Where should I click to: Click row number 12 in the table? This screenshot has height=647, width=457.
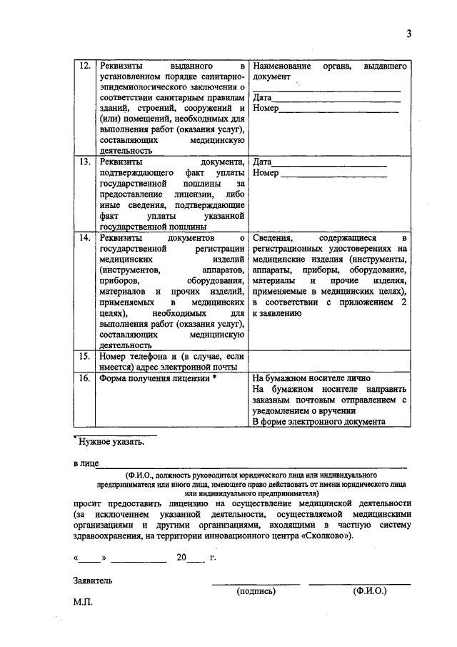click(x=84, y=66)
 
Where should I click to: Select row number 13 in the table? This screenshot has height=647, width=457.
click(x=84, y=162)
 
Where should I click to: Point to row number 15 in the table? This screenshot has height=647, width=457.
click(x=84, y=355)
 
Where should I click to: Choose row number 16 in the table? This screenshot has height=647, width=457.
click(x=84, y=378)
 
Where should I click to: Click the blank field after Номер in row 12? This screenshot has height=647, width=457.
click(x=338, y=110)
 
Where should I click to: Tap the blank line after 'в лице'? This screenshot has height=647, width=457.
click(x=253, y=465)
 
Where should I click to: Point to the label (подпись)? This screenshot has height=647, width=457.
click(x=255, y=592)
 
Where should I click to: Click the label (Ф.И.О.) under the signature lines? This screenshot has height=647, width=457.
click(x=369, y=592)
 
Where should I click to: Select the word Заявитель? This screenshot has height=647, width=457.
click(x=93, y=581)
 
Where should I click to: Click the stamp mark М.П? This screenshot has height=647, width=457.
click(x=83, y=602)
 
